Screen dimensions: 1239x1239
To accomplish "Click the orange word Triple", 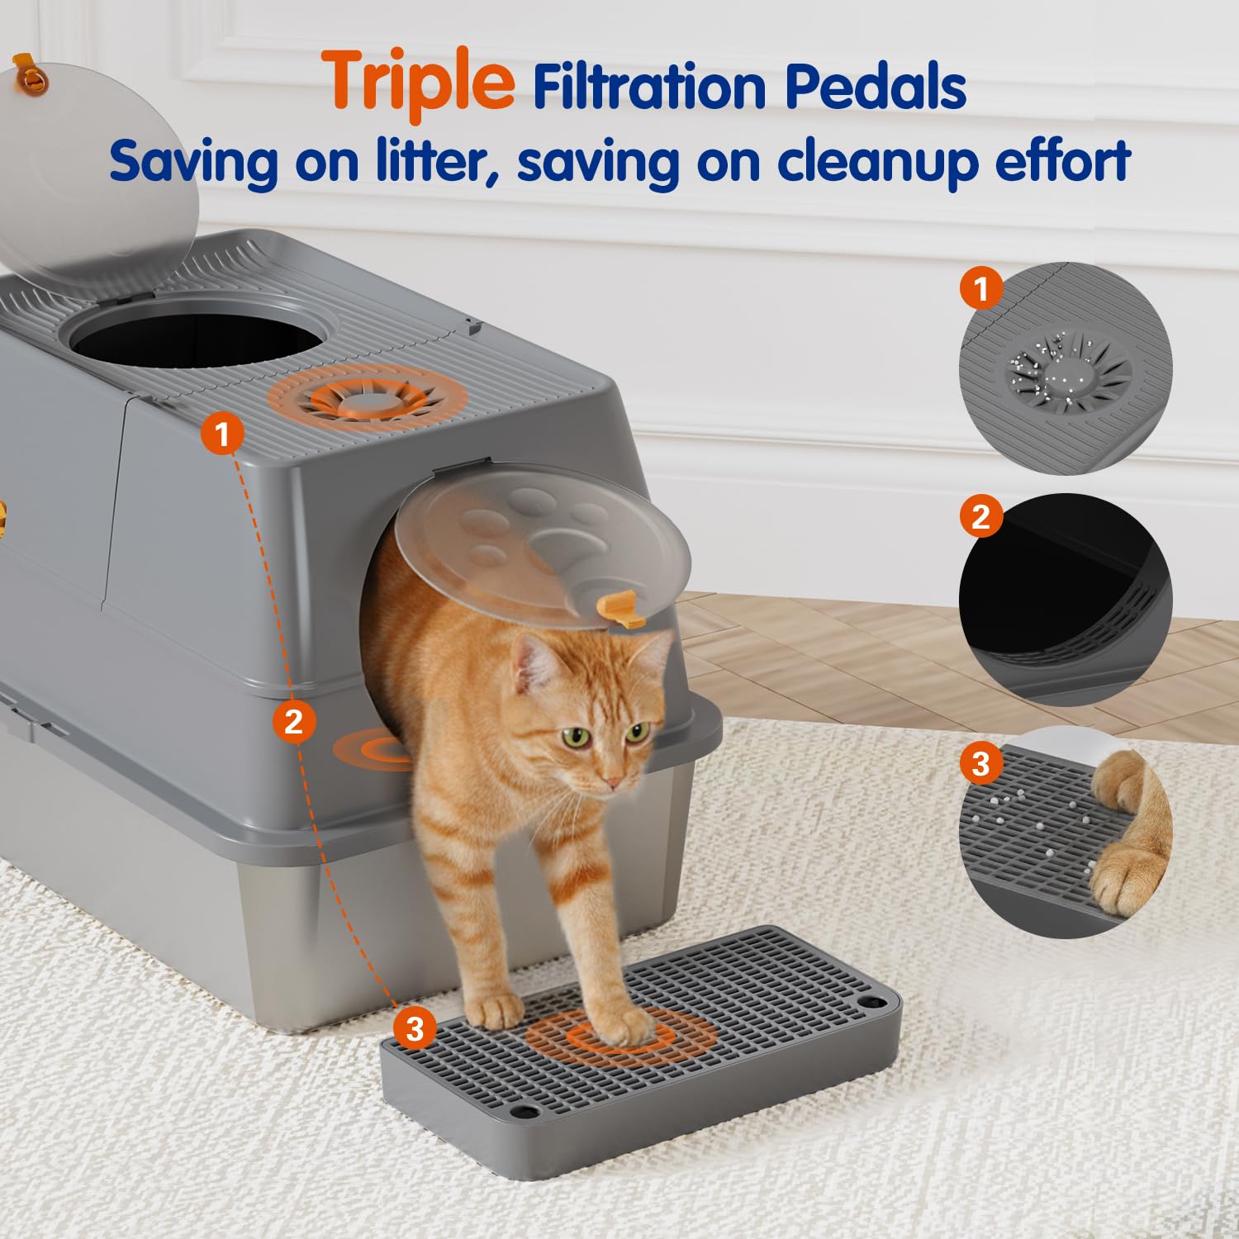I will click(420, 83).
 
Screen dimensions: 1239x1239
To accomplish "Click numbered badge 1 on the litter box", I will click(222, 434).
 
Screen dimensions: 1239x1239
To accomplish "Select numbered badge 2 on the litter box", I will click(294, 721).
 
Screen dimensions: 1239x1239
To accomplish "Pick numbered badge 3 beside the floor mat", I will click(415, 1028).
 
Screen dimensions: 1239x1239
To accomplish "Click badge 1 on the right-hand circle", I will click(981, 289).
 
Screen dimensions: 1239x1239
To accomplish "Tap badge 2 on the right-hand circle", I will click(981, 517).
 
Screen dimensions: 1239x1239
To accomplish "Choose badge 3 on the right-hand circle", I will click(981, 762).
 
